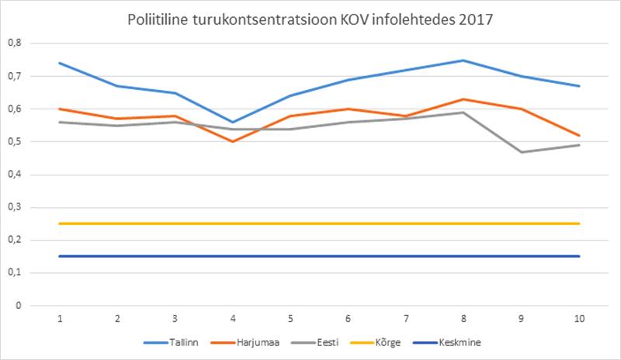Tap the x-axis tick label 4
[x=233, y=319]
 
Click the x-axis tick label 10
[x=579, y=319]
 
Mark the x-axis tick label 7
[x=406, y=319]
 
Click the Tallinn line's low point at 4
[x=233, y=123]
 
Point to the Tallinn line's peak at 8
[x=463, y=61]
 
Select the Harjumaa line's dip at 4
[x=233, y=142]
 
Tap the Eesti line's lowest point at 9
[x=522, y=152]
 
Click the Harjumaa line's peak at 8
[x=463, y=99]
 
